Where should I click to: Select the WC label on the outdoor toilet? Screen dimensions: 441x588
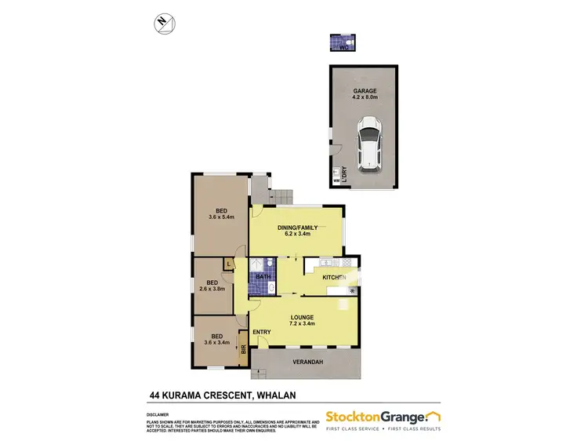[x=343, y=48]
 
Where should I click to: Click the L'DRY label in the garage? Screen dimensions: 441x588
[x=343, y=173]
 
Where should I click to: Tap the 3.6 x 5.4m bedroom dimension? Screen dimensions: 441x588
[x=222, y=217]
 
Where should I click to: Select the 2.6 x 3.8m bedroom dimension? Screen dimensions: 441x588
[x=211, y=289]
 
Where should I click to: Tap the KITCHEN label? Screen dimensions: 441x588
[x=336, y=277]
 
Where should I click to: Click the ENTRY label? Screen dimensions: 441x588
[x=262, y=332]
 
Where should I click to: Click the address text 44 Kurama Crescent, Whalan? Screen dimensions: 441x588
[x=207, y=395]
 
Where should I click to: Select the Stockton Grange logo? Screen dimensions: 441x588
[x=382, y=417]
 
